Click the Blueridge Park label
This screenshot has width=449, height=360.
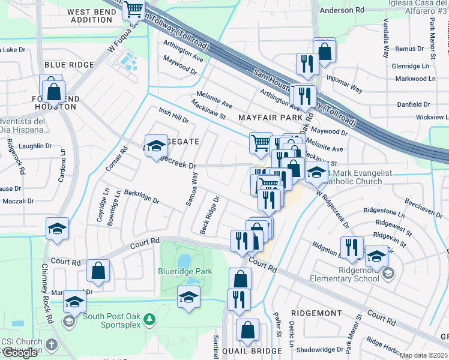186,272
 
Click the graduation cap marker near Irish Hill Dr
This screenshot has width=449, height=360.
156,146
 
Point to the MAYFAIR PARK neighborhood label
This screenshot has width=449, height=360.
270,118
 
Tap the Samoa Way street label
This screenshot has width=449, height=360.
191,189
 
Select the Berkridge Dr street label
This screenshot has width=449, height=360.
142,197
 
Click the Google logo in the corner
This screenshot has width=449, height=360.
20,353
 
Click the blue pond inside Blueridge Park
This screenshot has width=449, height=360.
184,260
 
